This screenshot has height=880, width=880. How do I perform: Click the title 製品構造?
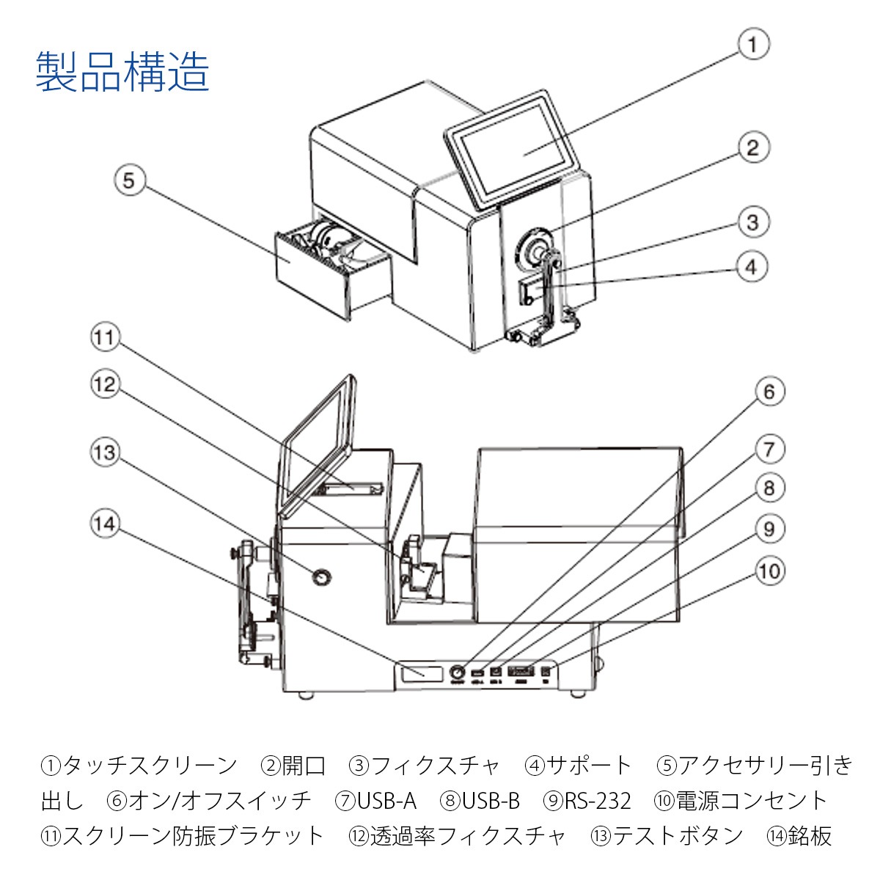point(122,71)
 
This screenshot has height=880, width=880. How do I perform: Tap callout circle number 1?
point(752,44)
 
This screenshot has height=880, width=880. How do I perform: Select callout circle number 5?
point(130,180)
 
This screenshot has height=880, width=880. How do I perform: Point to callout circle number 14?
point(105,524)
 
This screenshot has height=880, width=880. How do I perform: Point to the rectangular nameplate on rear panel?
point(422,672)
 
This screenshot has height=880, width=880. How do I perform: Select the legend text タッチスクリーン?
point(150,766)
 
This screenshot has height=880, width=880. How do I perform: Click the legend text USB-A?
point(386,801)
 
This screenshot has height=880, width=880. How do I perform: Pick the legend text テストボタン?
point(678,835)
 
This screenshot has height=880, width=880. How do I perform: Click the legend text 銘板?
point(810,835)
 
